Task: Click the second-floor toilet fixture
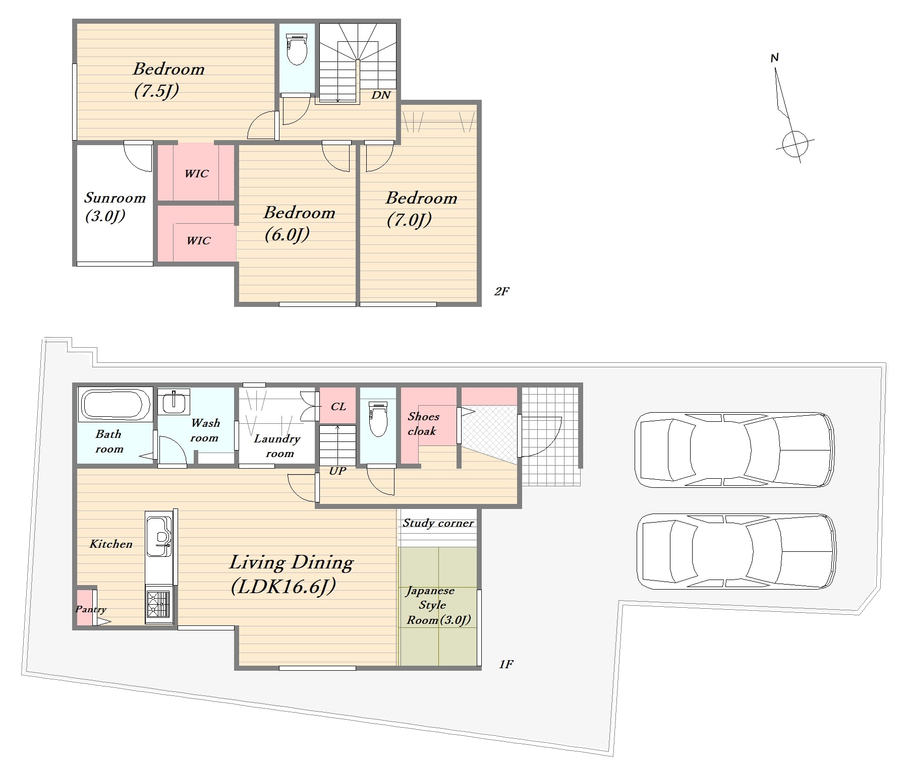coord(297,49)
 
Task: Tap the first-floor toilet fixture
coord(378,418)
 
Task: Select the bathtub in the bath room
coord(115,404)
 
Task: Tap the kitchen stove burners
coord(158,604)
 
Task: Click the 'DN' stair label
coord(381,95)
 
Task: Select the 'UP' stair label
coord(337,471)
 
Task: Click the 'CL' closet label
coord(338,406)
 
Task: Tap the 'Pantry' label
coord(91,609)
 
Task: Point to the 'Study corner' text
coord(438,523)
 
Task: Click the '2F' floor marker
coord(501,291)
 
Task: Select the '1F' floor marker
coord(506,664)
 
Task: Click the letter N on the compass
coord(775,58)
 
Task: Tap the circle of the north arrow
coord(795,144)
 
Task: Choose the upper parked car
coord(734,450)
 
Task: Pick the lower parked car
coord(736,551)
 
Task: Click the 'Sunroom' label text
coord(115,198)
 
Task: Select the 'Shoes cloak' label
coord(423,423)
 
